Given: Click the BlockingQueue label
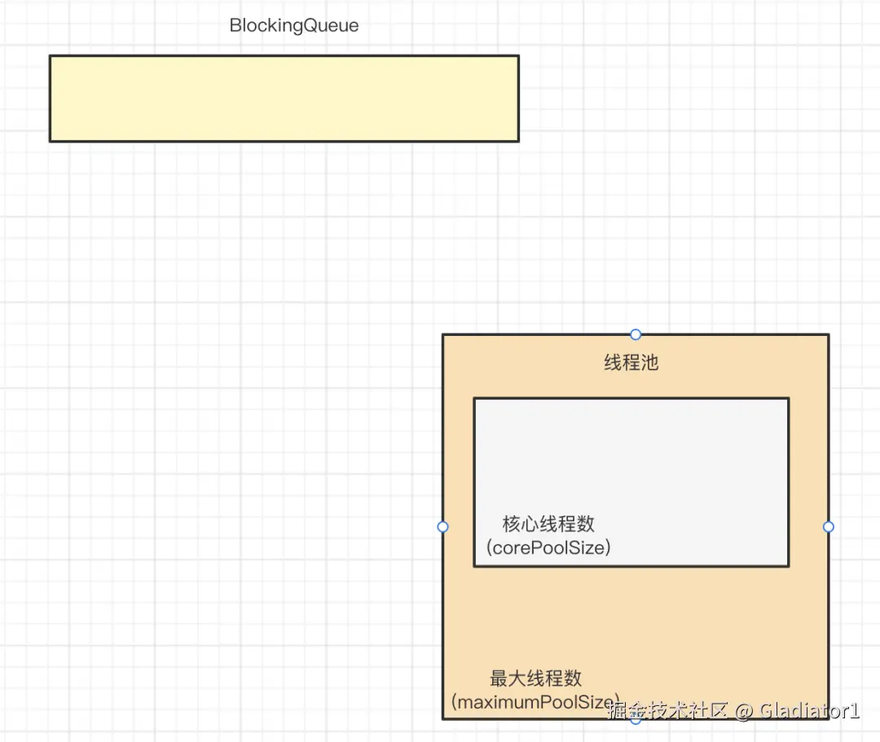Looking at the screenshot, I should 293,25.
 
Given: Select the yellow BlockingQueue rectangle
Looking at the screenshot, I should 284,99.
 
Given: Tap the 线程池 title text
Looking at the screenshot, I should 631,363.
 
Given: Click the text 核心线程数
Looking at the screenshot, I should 548,523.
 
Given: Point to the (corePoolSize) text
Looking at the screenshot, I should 548,547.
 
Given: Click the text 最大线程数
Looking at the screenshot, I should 535,678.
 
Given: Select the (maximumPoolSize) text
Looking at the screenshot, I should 535,701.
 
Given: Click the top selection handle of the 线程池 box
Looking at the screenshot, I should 636,334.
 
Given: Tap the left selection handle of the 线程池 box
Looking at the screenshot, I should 443,527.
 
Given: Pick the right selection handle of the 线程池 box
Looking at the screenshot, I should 829,527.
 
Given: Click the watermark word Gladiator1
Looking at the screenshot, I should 809,710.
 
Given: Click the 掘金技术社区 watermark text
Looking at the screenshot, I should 668,710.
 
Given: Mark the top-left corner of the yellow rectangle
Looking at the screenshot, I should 51,56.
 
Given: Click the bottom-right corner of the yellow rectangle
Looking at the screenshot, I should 518,141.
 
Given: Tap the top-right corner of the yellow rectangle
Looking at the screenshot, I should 518,56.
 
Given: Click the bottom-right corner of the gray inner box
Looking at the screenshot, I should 788,565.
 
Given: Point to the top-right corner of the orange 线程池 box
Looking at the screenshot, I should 828,335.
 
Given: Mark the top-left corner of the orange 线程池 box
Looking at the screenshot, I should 443,335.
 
